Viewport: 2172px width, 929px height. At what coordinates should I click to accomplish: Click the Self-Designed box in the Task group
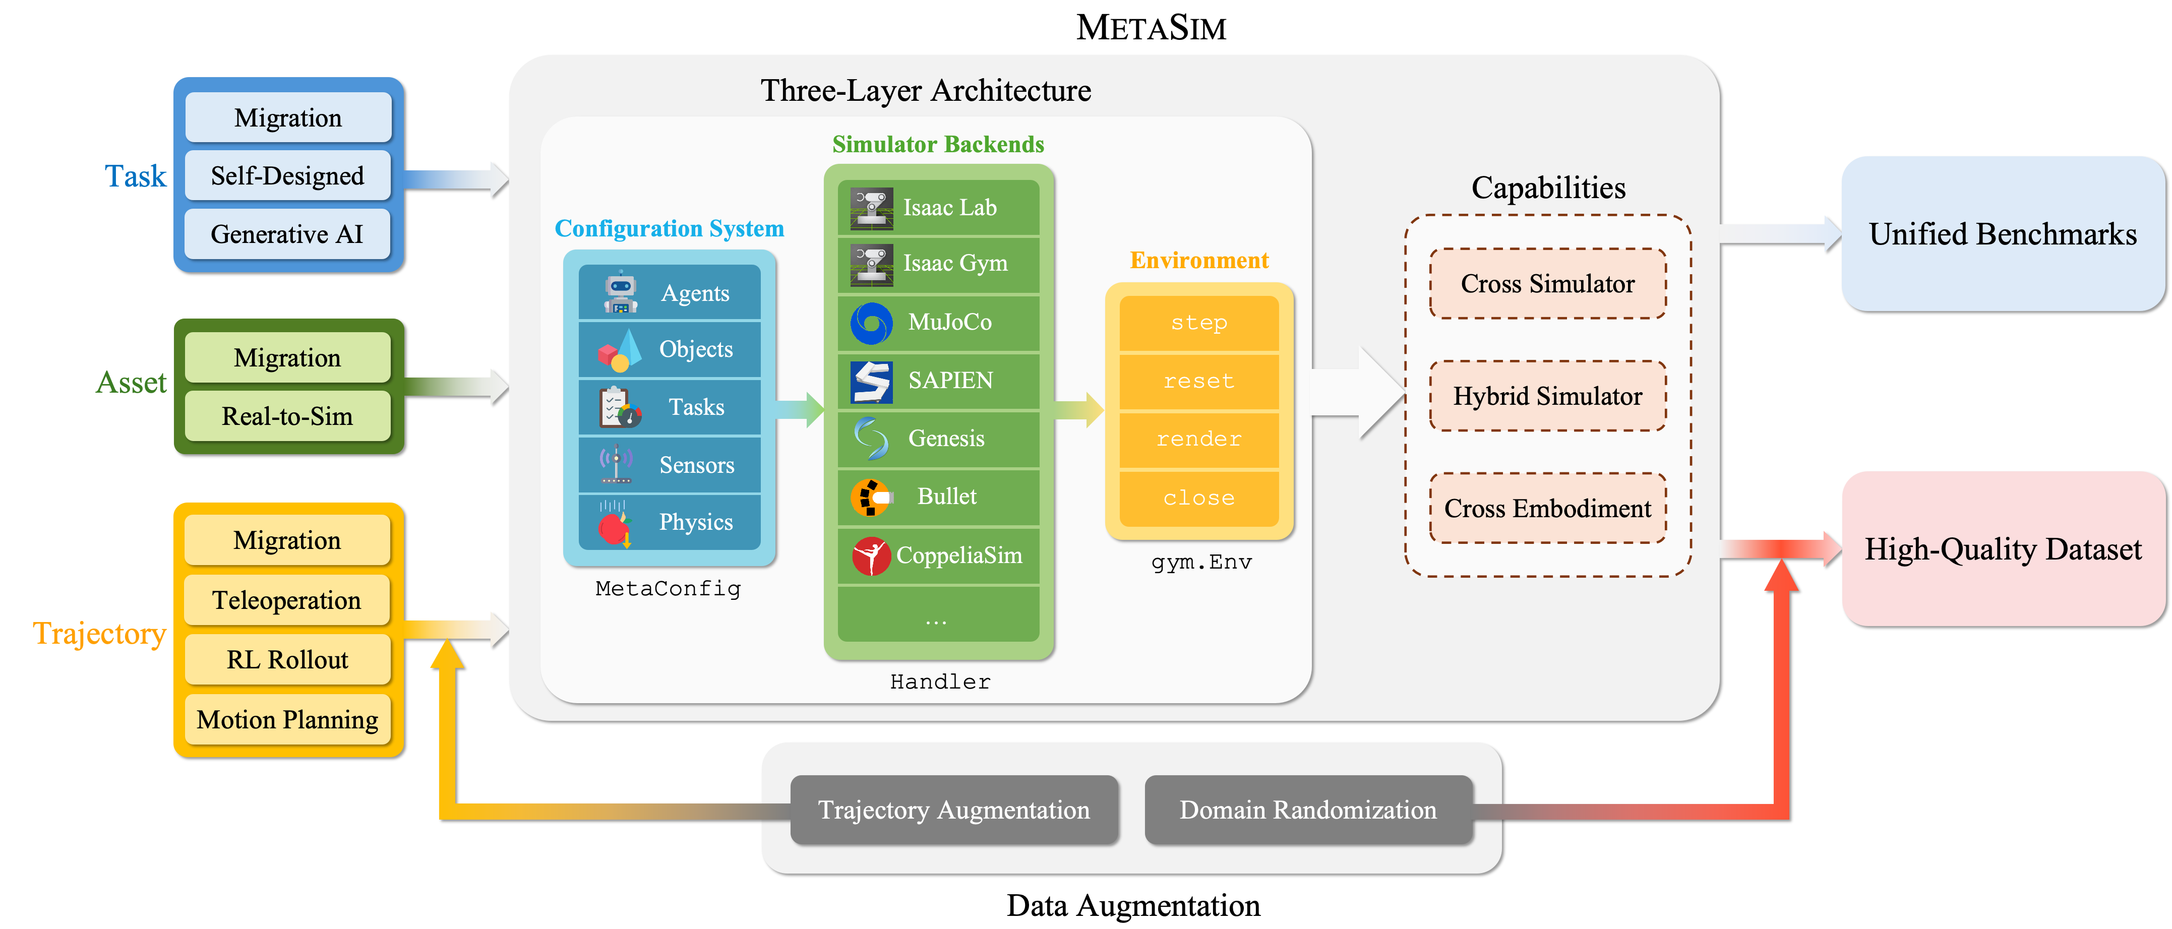(x=287, y=175)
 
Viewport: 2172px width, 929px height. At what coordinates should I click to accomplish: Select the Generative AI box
(x=287, y=233)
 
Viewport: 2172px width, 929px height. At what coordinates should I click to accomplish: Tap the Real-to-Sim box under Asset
(x=287, y=415)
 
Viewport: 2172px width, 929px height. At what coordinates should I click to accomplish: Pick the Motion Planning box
(x=287, y=719)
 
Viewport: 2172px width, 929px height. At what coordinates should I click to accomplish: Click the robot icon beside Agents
(x=621, y=292)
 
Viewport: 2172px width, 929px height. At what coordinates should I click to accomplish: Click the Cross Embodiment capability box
(x=1547, y=508)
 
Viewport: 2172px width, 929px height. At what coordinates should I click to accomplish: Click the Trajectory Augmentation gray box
(x=953, y=810)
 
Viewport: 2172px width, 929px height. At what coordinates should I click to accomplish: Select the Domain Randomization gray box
(x=1308, y=810)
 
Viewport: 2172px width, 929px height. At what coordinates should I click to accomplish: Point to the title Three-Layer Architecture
(x=925, y=90)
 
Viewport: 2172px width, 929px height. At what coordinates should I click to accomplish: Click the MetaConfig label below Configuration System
(x=668, y=588)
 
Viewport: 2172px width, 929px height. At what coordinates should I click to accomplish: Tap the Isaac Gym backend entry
(x=938, y=264)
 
